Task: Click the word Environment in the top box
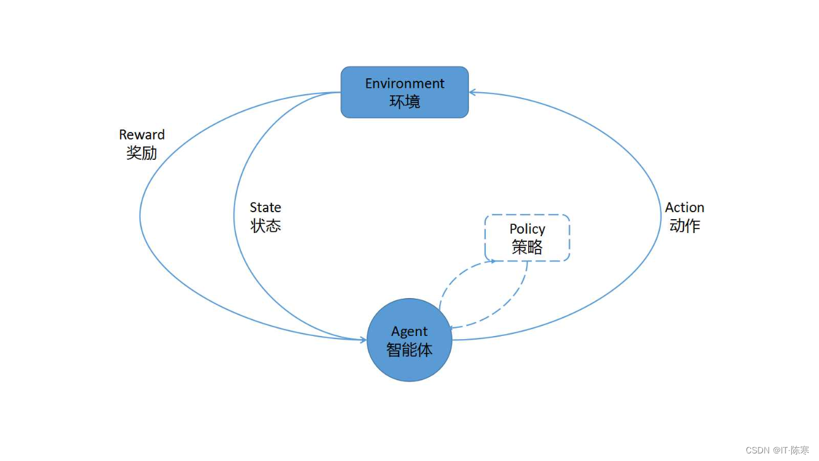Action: point(404,83)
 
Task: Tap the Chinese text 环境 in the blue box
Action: point(404,101)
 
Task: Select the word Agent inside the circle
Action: point(409,332)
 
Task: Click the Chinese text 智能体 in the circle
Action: point(409,349)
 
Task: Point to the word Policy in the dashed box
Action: point(527,229)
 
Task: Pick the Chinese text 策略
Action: point(527,247)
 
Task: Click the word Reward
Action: point(141,135)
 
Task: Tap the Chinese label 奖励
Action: point(141,152)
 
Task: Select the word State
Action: point(265,207)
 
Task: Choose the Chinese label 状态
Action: point(266,225)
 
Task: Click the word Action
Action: point(684,207)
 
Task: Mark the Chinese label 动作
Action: point(685,225)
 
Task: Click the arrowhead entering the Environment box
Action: point(471,92)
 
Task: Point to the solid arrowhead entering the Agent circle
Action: point(364,340)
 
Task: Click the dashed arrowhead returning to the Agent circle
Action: point(453,327)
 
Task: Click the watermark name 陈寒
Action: point(800,450)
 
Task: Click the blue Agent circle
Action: point(391,366)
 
